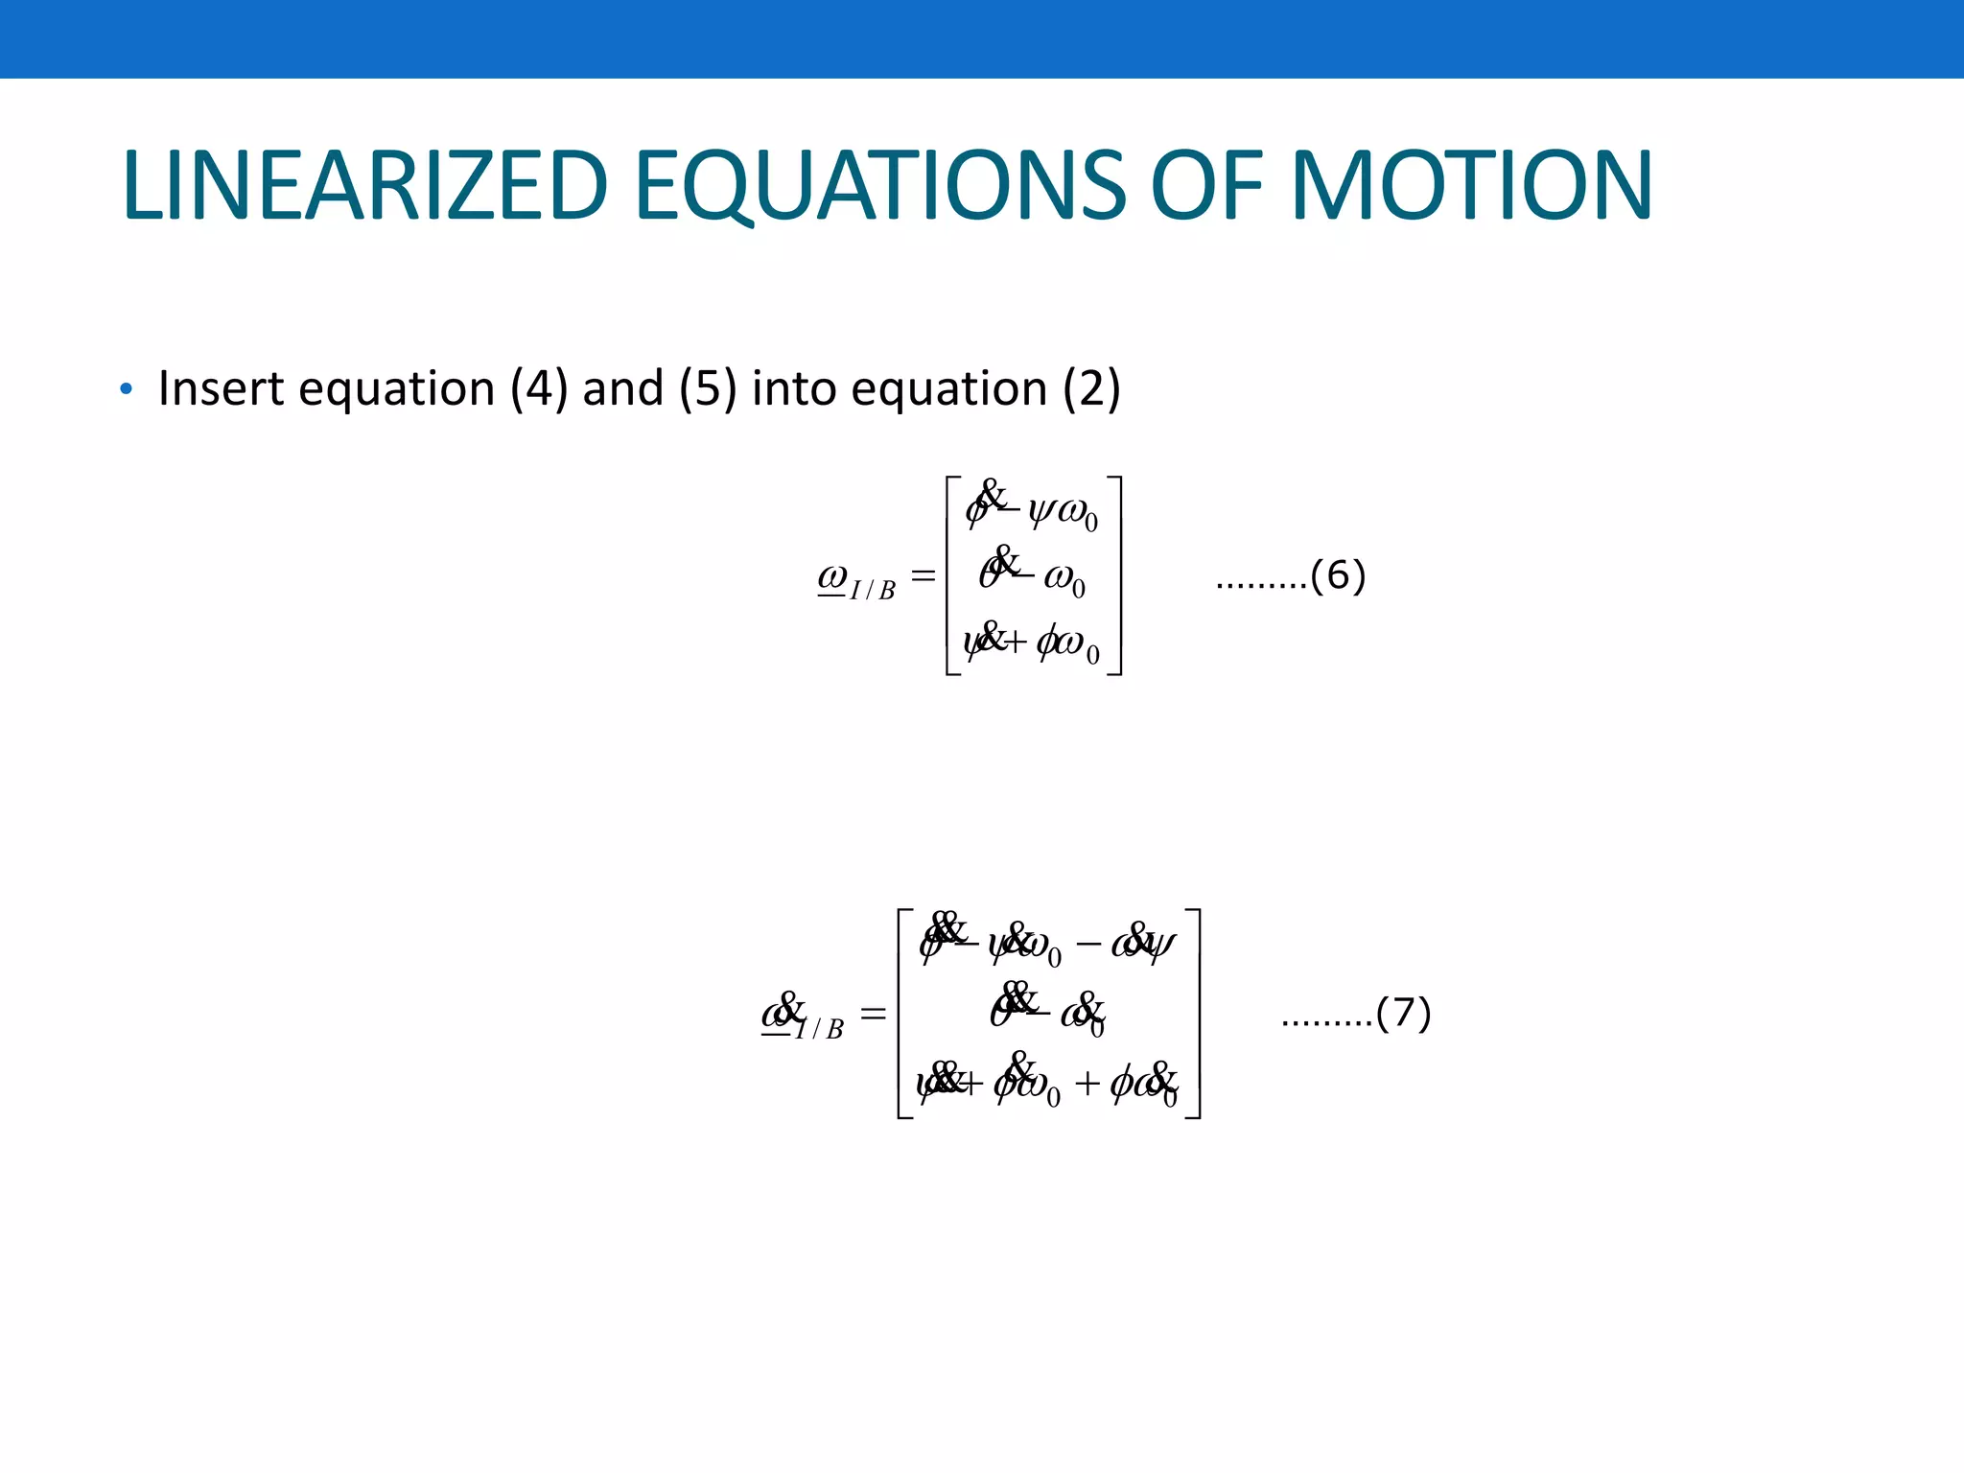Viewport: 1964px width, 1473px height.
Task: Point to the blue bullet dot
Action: point(126,389)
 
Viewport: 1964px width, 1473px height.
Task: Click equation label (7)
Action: point(1403,1013)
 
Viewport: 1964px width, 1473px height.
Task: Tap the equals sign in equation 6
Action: point(923,575)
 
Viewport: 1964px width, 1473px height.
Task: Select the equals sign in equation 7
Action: point(873,1013)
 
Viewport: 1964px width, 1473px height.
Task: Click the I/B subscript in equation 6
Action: point(873,590)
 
